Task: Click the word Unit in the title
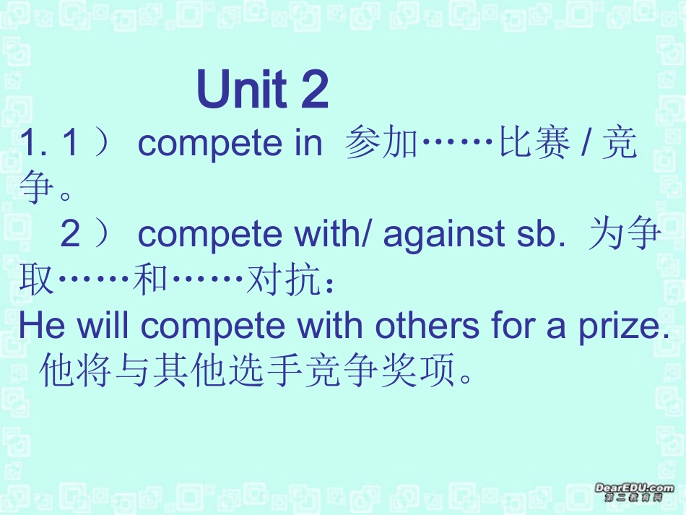240,90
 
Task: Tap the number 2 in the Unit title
313,90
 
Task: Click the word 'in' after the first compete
308,144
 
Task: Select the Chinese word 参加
381,144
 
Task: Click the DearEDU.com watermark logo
634,493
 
